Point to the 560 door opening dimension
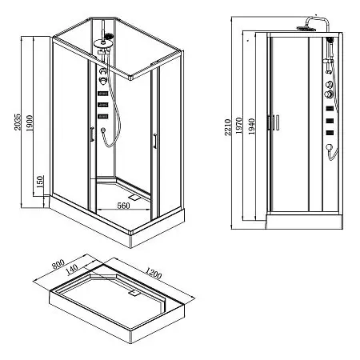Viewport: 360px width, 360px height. click(123, 206)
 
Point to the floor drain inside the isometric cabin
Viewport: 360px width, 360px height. click(134, 193)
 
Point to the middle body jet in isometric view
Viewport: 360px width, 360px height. click(103, 104)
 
